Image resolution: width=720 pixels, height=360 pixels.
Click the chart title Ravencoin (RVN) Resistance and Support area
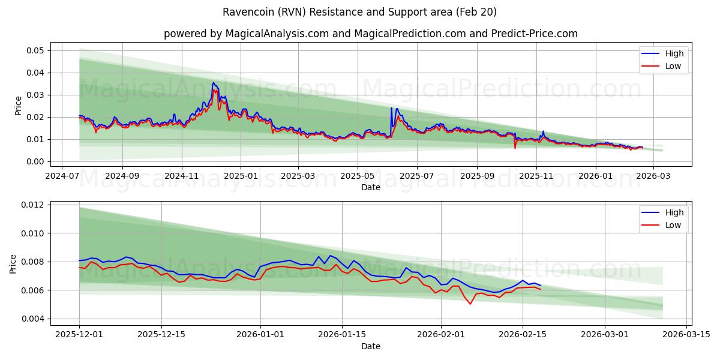coord(359,12)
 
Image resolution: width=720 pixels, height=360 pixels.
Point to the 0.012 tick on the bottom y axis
coord(34,205)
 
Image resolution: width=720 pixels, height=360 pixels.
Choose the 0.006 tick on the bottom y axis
coord(34,290)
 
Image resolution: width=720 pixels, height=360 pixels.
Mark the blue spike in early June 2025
coord(391,108)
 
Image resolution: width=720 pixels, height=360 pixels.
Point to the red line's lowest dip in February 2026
coord(470,304)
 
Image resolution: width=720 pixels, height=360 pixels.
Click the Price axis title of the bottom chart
coord(13,263)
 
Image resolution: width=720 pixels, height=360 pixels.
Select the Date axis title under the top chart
coord(370,187)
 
